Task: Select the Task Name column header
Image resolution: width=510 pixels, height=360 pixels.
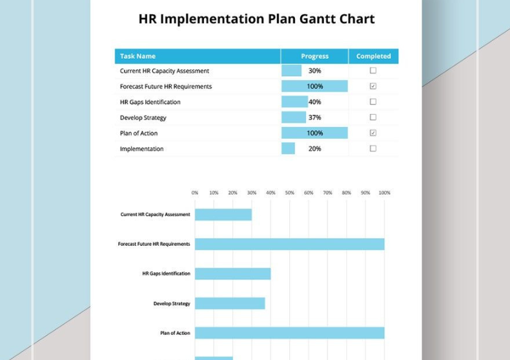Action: point(138,56)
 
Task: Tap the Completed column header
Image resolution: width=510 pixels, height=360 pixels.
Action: point(373,56)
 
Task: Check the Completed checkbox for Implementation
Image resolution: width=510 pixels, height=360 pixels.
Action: point(373,148)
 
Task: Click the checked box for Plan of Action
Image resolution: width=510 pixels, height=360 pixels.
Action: point(373,133)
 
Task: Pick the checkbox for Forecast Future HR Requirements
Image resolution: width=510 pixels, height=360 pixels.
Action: point(373,86)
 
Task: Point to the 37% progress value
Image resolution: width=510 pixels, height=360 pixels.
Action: point(314,117)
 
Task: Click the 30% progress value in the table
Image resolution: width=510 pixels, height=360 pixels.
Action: point(314,71)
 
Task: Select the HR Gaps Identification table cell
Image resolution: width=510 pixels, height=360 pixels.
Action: point(150,102)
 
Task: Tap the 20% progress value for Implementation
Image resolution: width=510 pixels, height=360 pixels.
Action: point(314,148)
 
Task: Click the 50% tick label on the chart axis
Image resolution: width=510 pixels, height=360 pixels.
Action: point(290,193)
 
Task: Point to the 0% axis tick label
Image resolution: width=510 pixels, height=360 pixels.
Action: point(195,193)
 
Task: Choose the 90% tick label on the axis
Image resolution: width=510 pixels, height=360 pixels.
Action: point(365,193)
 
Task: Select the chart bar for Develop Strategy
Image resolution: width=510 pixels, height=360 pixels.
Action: point(230,303)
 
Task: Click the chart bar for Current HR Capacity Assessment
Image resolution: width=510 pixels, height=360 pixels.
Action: point(223,215)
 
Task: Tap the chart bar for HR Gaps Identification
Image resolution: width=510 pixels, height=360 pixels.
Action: point(232,274)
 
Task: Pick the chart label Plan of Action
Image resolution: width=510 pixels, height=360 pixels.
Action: point(175,333)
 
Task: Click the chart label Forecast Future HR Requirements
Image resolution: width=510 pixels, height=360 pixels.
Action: point(154,245)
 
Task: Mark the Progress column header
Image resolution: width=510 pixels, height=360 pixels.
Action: point(314,56)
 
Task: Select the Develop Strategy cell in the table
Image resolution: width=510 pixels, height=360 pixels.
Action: point(143,117)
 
